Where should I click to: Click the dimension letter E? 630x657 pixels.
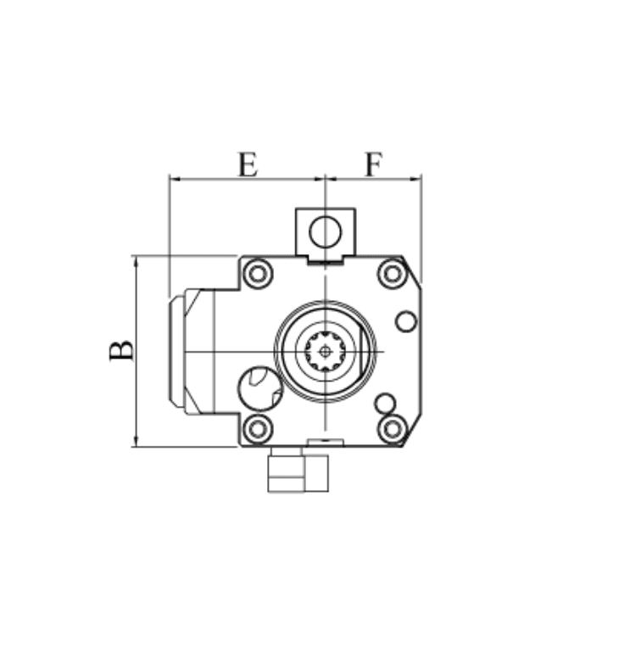(x=248, y=164)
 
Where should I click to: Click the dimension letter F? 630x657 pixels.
(x=374, y=164)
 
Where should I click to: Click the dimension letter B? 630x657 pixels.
(x=121, y=351)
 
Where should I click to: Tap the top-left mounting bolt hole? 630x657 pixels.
(x=258, y=274)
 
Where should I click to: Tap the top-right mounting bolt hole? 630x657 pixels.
(x=393, y=274)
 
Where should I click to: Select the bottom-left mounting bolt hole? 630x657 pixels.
(x=258, y=429)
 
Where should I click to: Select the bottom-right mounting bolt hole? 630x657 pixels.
(x=393, y=429)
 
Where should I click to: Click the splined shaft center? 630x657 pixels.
(x=325, y=352)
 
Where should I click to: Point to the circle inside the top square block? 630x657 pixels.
(x=326, y=231)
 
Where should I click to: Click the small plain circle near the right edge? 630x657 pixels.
(x=406, y=321)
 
